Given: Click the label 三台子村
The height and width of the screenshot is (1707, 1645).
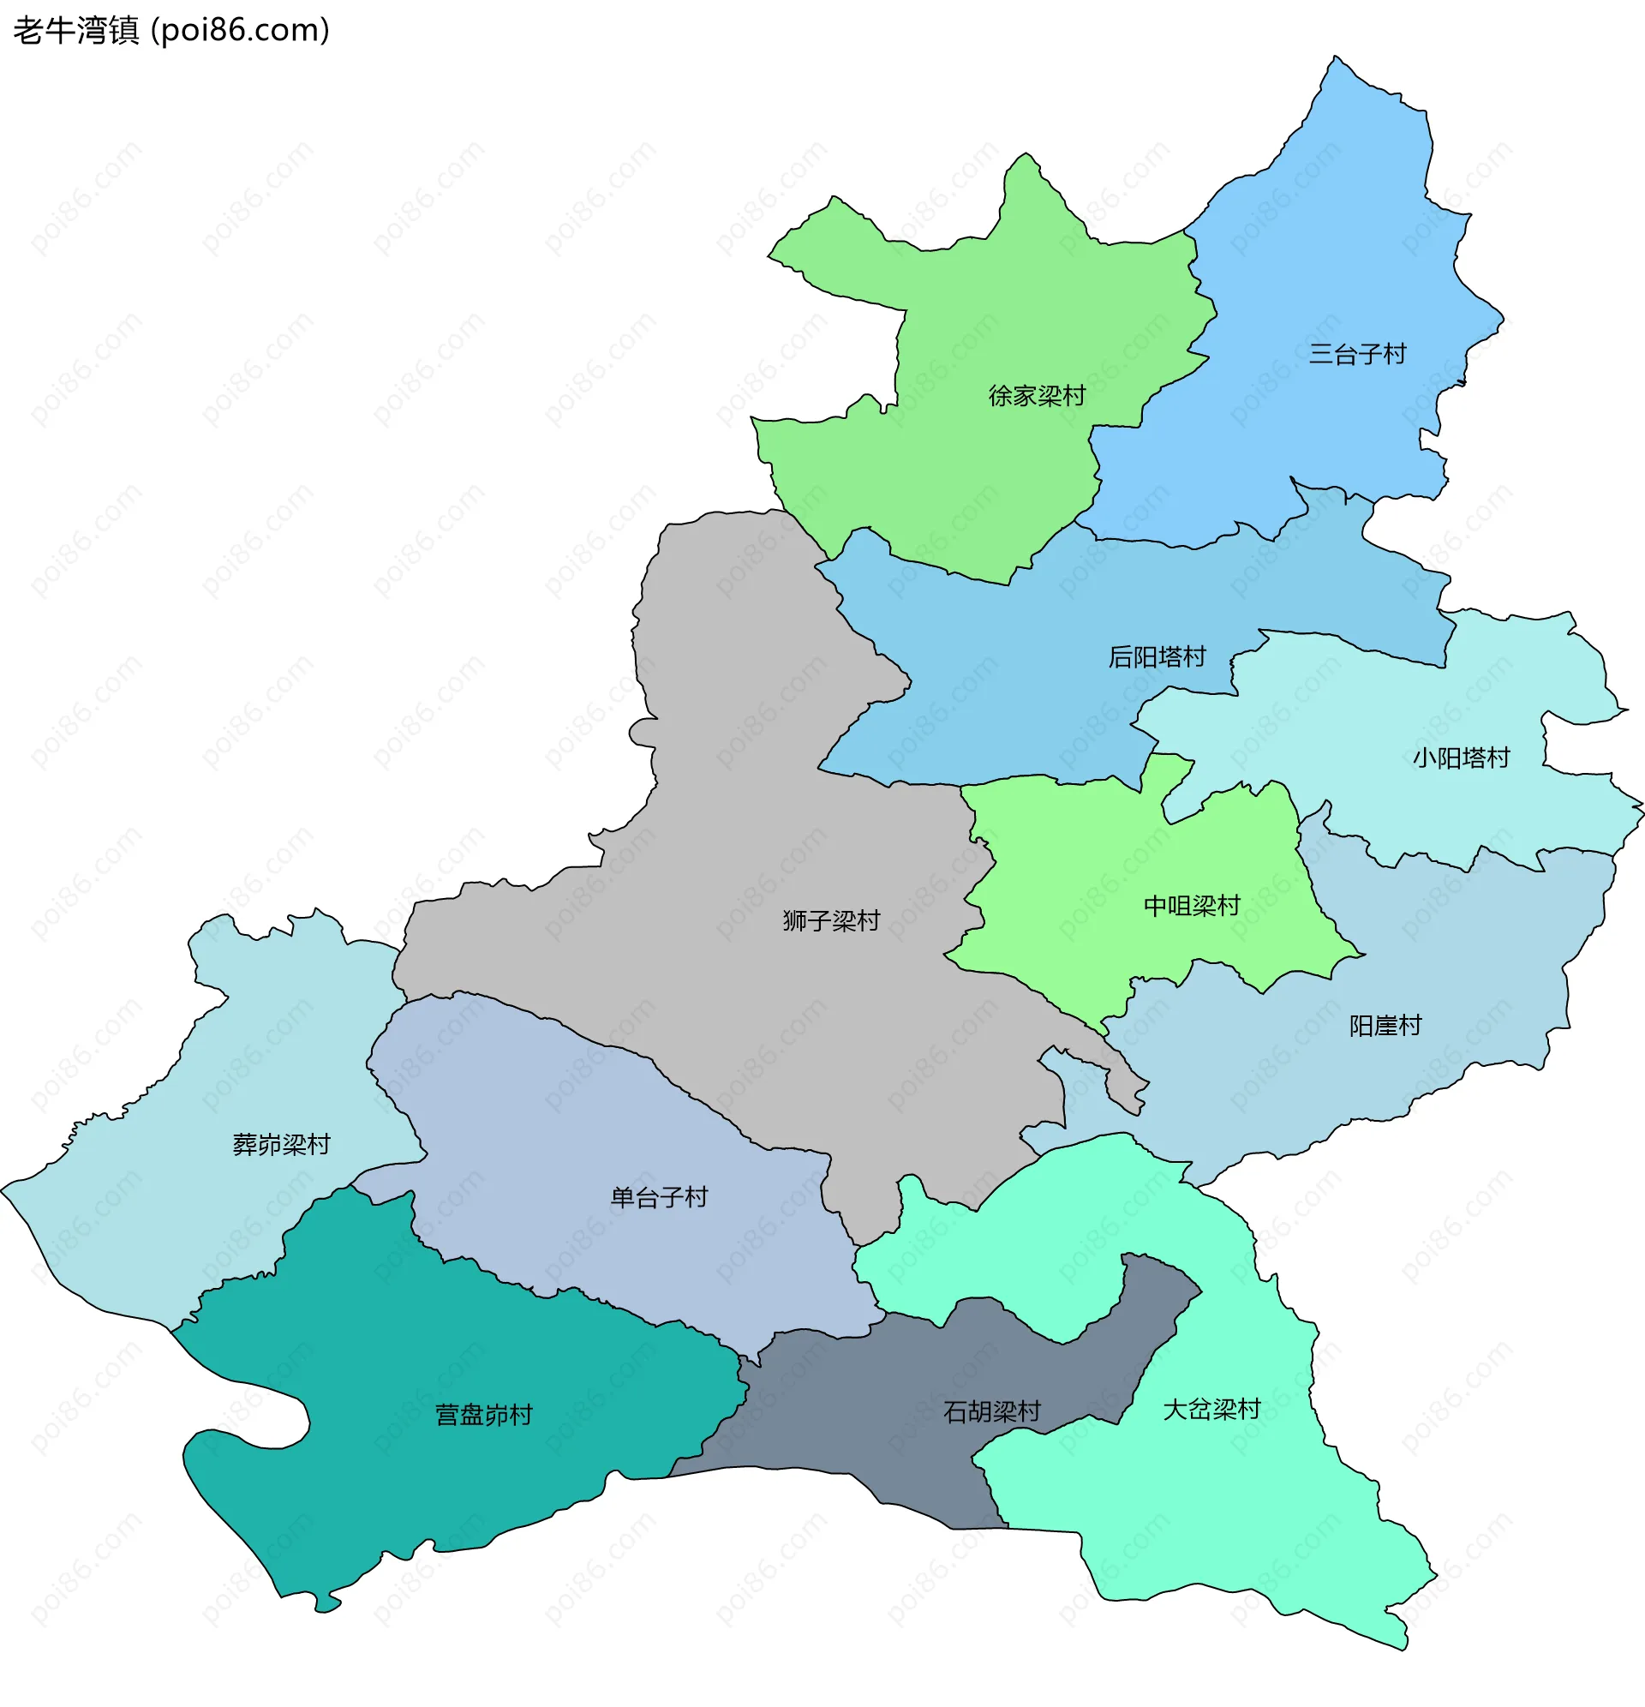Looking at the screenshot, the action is [1357, 355].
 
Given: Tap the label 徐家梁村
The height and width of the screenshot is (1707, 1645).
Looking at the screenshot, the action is [1037, 396].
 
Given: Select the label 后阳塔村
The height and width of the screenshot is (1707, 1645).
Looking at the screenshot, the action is [1157, 657].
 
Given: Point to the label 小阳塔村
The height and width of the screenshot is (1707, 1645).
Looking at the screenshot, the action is [1461, 758].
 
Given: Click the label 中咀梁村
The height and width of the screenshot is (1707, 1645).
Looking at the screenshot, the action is [1190, 907].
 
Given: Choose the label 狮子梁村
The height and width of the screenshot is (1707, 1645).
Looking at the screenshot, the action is [831, 921].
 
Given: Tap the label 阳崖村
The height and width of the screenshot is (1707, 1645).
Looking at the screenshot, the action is [1385, 1027].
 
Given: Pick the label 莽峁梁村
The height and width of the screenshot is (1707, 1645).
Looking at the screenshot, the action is [281, 1145].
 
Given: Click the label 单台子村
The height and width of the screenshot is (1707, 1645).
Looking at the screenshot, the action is [658, 1198].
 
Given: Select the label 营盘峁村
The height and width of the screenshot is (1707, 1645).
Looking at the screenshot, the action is [483, 1416].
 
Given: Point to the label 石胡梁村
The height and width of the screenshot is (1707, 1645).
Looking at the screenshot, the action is [992, 1411].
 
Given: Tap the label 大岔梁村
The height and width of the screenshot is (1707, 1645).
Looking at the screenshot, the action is [1211, 1410].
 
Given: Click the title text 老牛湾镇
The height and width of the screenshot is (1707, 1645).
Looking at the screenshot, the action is [75, 31].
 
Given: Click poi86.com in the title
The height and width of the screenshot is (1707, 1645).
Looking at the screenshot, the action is [241, 31].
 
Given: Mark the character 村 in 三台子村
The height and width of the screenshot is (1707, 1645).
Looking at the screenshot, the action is [1394, 355].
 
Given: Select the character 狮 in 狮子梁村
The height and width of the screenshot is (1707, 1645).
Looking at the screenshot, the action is [794, 921].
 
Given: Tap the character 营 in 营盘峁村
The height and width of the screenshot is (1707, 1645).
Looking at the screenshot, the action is [446, 1416].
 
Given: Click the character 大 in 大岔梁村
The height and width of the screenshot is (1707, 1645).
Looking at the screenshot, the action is [1175, 1410].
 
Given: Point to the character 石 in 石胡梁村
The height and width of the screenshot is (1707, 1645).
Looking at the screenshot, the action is [955, 1411].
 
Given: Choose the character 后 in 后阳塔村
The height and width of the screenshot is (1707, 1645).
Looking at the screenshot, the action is [1120, 657].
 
